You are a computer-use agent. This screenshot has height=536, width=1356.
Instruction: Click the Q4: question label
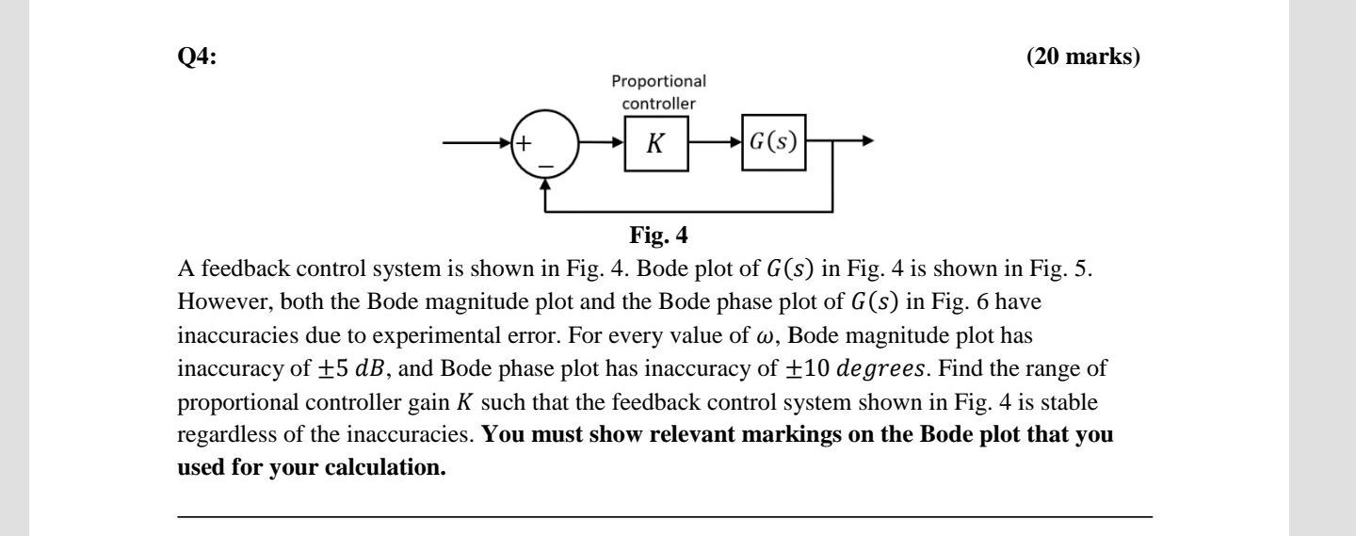pyautogui.click(x=197, y=57)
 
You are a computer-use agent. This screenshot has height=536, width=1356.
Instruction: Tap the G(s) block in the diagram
pyautogui.click(x=773, y=144)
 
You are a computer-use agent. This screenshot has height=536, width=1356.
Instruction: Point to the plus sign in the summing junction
pyautogui.click(x=523, y=144)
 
